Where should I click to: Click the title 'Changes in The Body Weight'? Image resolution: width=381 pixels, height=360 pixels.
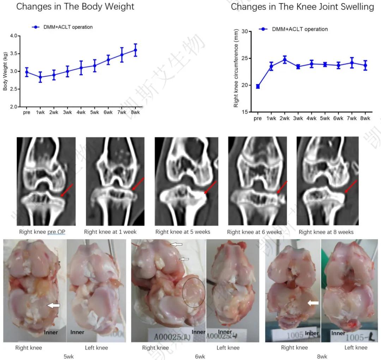click(x=75, y=7)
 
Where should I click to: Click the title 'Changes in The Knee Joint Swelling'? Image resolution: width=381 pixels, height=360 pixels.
click(x=302, y=7)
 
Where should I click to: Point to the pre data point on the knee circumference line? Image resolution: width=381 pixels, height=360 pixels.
click(x=258, y=86)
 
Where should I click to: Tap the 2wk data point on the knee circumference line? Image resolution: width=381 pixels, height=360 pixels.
click(x=285, y=60)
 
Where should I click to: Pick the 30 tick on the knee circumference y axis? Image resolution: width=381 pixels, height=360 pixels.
click(x=246, y=32)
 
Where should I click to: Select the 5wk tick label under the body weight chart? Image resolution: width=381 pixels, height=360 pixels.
click(x=94, y=113)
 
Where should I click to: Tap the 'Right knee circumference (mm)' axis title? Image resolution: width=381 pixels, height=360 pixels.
click(x=236, y=68)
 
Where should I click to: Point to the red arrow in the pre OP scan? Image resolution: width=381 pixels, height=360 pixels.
click(x=67, y=190)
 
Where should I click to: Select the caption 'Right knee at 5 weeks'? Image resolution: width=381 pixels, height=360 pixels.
click(x=183, y=232)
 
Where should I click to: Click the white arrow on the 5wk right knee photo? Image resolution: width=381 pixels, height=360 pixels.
click(x=54, y=305)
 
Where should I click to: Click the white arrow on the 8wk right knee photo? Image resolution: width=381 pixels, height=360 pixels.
click(x=313, y=302)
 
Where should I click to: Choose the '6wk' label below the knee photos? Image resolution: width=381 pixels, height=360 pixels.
click(x=200, y=356)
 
